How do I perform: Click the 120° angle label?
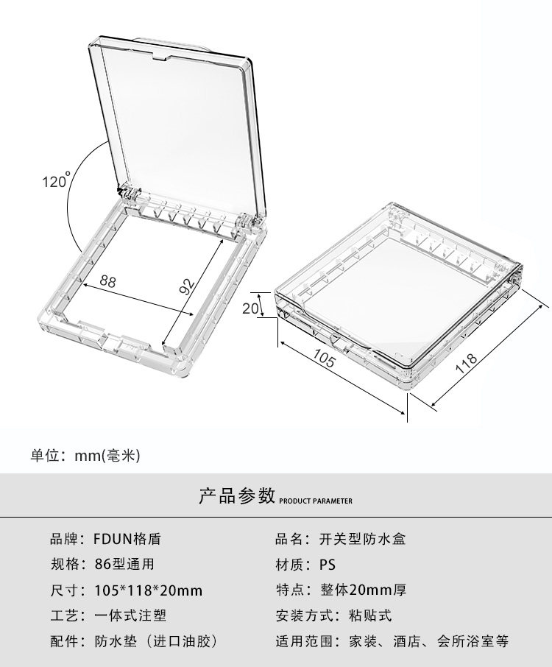click(x=55, y=180)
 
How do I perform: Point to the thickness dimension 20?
click(x=251, y=308)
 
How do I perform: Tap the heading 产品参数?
click(x=237, y=495)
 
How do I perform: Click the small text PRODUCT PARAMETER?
click(x=316, y=501)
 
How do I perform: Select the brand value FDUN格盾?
click(x=127, y=539)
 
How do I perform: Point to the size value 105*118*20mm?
click(x=148, y=590)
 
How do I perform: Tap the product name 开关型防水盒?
click(x=362, y=539)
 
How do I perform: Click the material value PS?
click(x=327, y=565)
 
